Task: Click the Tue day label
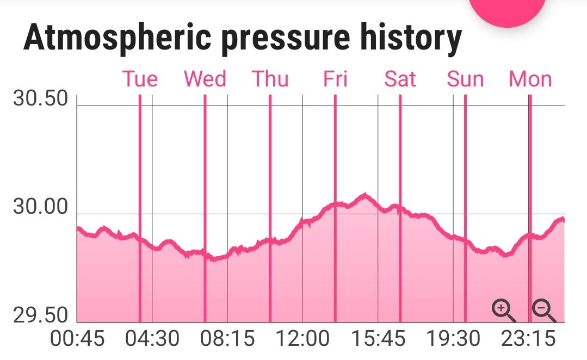[x=140, y=79]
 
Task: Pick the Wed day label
[x=205, y=79]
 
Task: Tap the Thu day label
[x=270, y=79]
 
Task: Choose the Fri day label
[x=335, y=79]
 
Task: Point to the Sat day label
[x=400, y=79]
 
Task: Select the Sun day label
[x=465, y=79]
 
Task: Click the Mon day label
[x=530, y=79]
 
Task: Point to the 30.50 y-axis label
[x=41, y=100]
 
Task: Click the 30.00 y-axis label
[x=41, y=208]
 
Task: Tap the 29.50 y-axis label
[x=41, y=316]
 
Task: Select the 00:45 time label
[x=77, y=339]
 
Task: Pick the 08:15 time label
[x=227, y=339]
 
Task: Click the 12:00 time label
[x=303, y=339]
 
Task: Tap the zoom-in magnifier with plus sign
[x=504, y=311]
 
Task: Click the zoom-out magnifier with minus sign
[x=543, y=311]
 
